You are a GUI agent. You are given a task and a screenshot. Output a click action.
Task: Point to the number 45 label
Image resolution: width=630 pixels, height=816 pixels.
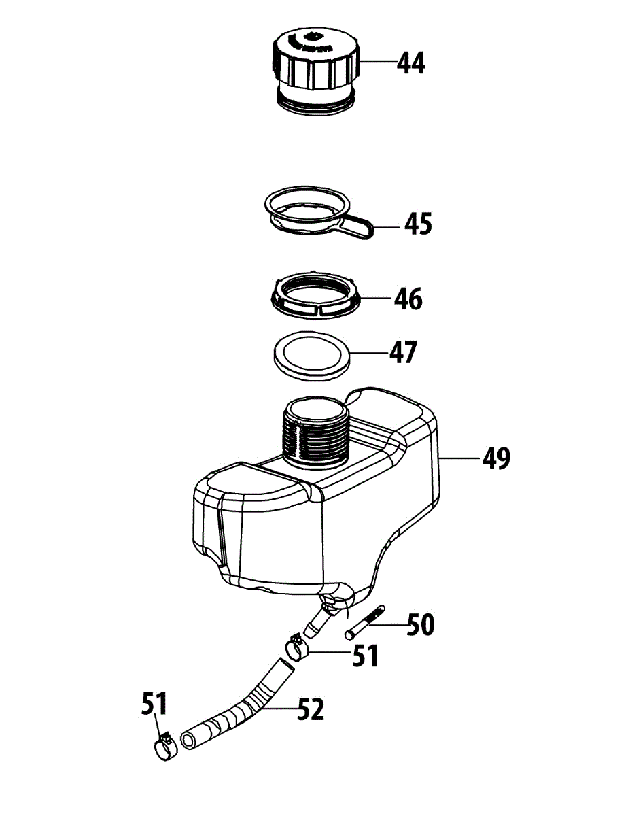[x=417, y=224]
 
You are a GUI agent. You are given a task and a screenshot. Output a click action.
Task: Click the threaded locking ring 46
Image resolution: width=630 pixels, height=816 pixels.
[x=315, y=295]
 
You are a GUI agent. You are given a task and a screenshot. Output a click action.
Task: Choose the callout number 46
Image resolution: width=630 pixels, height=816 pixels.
[x=408, y=299]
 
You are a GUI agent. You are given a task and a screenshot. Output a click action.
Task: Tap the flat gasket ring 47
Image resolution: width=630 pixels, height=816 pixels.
[x=312, y=354]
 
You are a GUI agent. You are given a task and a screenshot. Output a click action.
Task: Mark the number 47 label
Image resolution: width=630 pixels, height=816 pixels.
[x=402, y=352]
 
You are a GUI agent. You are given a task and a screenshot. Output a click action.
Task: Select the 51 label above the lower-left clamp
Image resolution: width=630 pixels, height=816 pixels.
[x=155, y=702]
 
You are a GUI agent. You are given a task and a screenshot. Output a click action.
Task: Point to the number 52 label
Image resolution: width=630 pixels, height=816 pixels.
[x=309, y=711]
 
